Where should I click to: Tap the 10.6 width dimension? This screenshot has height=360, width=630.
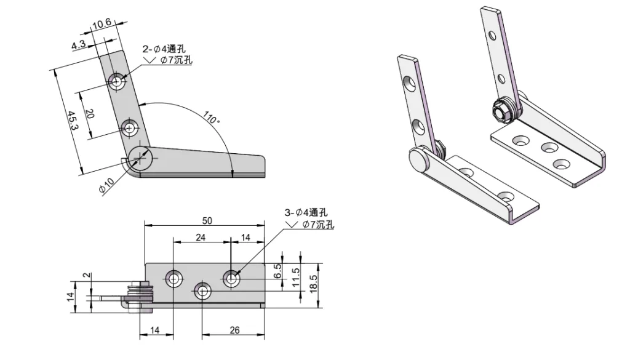(x=102, y=25)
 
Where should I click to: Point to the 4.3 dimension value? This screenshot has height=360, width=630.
(x=79, y=45)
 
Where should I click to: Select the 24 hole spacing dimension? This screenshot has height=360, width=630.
(x=201, y=237)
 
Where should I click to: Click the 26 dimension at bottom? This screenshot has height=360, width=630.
(x=234, y=330)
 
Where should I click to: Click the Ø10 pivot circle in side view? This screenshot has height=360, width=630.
(x=141, y=158)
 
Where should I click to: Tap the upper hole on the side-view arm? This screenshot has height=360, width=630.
(x=117, y=80)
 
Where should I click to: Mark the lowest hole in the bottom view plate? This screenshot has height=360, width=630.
(x=203, y=290)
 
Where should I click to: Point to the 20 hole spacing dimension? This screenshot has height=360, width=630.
(x=90, y=114)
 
